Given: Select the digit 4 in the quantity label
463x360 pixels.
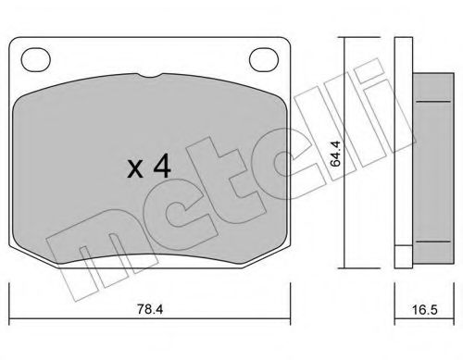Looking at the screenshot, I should click(161, 167).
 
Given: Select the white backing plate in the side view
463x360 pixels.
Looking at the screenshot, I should click(402, 148).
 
